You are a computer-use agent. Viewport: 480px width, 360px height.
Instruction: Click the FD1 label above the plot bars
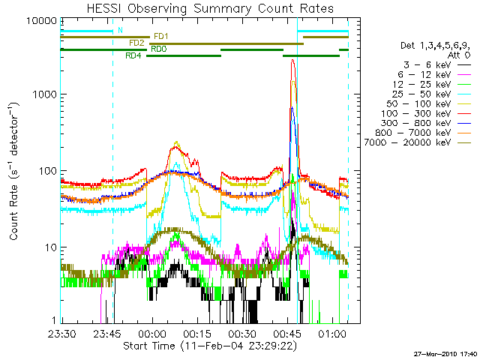coord(160,36)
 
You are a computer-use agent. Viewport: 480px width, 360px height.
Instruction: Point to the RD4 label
coord(133,55)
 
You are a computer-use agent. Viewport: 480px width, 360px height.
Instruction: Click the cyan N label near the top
coord(119,31)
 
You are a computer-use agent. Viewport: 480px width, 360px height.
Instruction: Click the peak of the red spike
coord(292,60)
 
